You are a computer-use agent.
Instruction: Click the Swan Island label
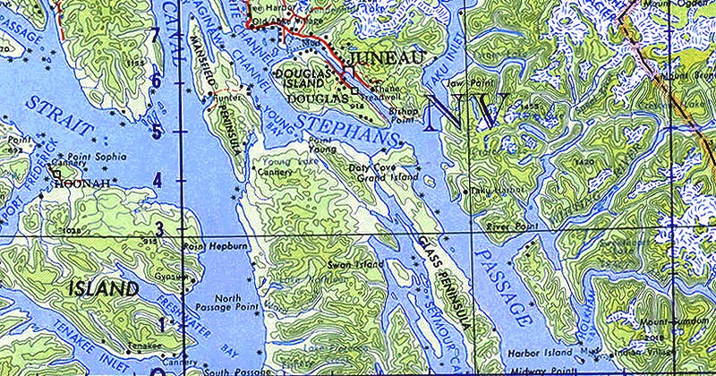[x=355, y=265]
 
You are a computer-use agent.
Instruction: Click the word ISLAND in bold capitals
[x=104, y=289]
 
